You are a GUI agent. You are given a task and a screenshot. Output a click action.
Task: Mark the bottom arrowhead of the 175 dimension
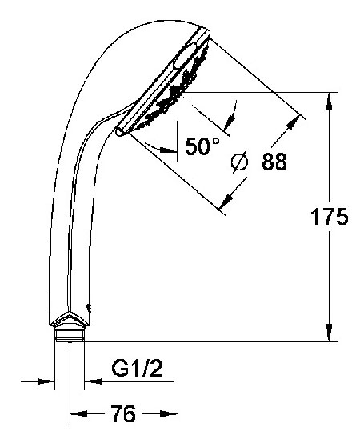tap(329, 335)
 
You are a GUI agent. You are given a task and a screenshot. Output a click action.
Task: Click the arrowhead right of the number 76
tap(167, 414)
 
